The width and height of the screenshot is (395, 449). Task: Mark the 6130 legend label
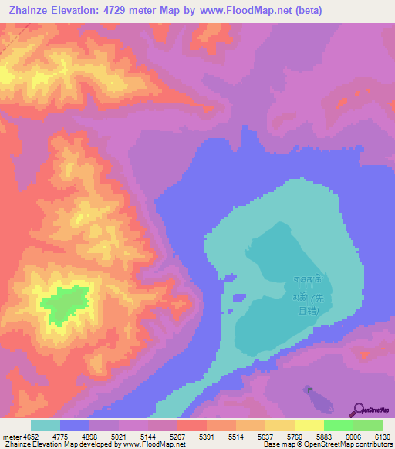[x=383, y=436]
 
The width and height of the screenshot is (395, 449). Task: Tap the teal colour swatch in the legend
[x=45, y=425]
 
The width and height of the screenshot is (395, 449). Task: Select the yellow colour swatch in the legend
[x=309, y=425]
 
